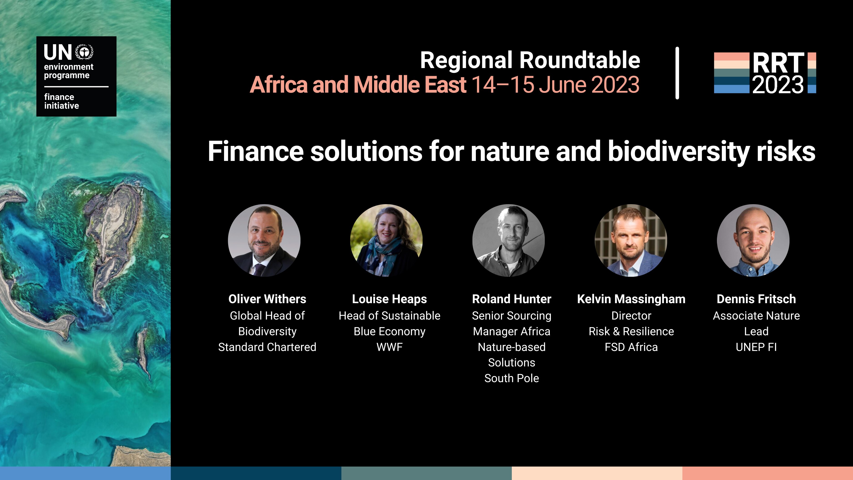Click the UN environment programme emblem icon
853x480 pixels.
click(x=84, y=52)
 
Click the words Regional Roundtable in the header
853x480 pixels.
click(x=530, y=60)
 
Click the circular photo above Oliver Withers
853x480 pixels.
click(x=264, y=241)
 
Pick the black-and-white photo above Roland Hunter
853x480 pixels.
click(x=509, y=241)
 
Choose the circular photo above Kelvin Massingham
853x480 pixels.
click(x=631, y=241)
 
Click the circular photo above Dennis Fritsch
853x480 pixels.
click(x=753, y=241)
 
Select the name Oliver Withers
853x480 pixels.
click(x=267, y=299)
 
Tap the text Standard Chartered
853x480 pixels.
click(x=267, y=347)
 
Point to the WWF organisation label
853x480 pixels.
click(x=389, y=347)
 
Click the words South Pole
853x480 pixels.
click(x=512, y=378)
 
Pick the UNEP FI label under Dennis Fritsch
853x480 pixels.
click(x=756, y=347)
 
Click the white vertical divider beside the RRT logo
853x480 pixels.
click(x=677, y=73)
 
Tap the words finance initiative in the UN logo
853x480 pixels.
click(x=62, y=101)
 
